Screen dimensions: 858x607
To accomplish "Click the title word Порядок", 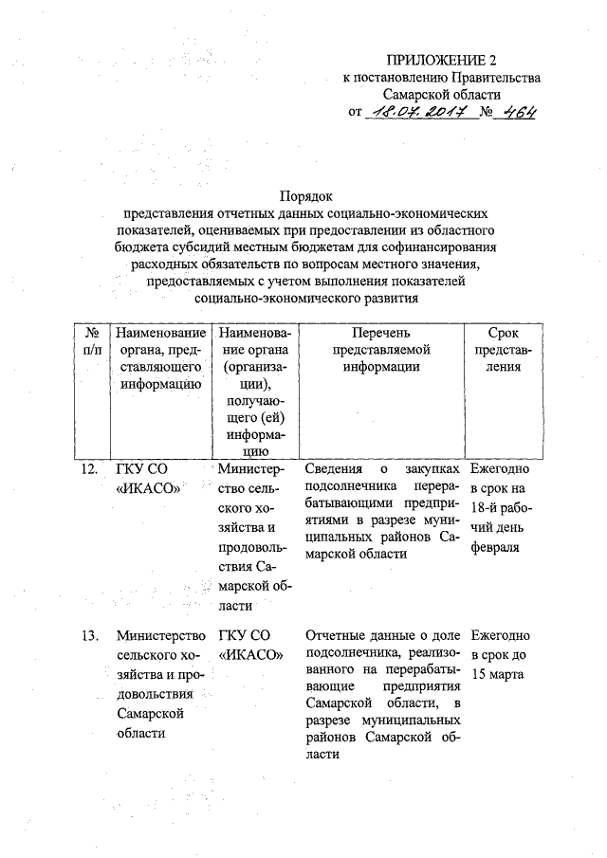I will pyautogui.click(x=305, y=196).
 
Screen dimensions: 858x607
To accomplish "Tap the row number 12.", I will pyautogui.click(x=88, y=469).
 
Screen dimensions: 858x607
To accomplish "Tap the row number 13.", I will pyautogui.click(x=88, y=634).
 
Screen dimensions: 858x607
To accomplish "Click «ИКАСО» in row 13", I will pyautogui.click(x=251, y=654).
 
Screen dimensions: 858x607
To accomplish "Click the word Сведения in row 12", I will pyautogui.click(x=333, y=469).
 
